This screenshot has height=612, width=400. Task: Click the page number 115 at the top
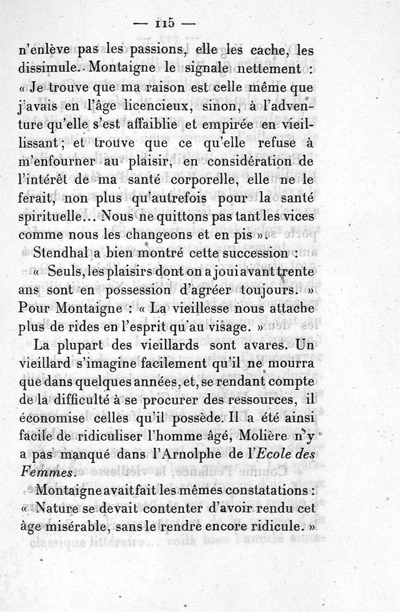coord(164,23)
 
